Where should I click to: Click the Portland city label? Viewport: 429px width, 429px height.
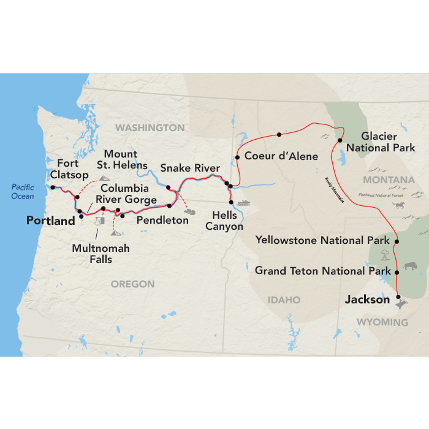(50, 220)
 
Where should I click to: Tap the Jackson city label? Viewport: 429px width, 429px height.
(367, 300)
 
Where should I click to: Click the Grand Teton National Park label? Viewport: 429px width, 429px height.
(323, 270)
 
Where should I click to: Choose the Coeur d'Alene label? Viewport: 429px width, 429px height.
(281, 156)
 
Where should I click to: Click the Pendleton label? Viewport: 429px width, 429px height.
(162, 220)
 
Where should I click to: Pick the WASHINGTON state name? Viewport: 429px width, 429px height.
(150, 127)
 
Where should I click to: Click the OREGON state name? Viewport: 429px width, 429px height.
(132, 284)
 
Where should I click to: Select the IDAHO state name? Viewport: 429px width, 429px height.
(284, 300)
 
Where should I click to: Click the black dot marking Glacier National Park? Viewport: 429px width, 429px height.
(339, 140)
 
